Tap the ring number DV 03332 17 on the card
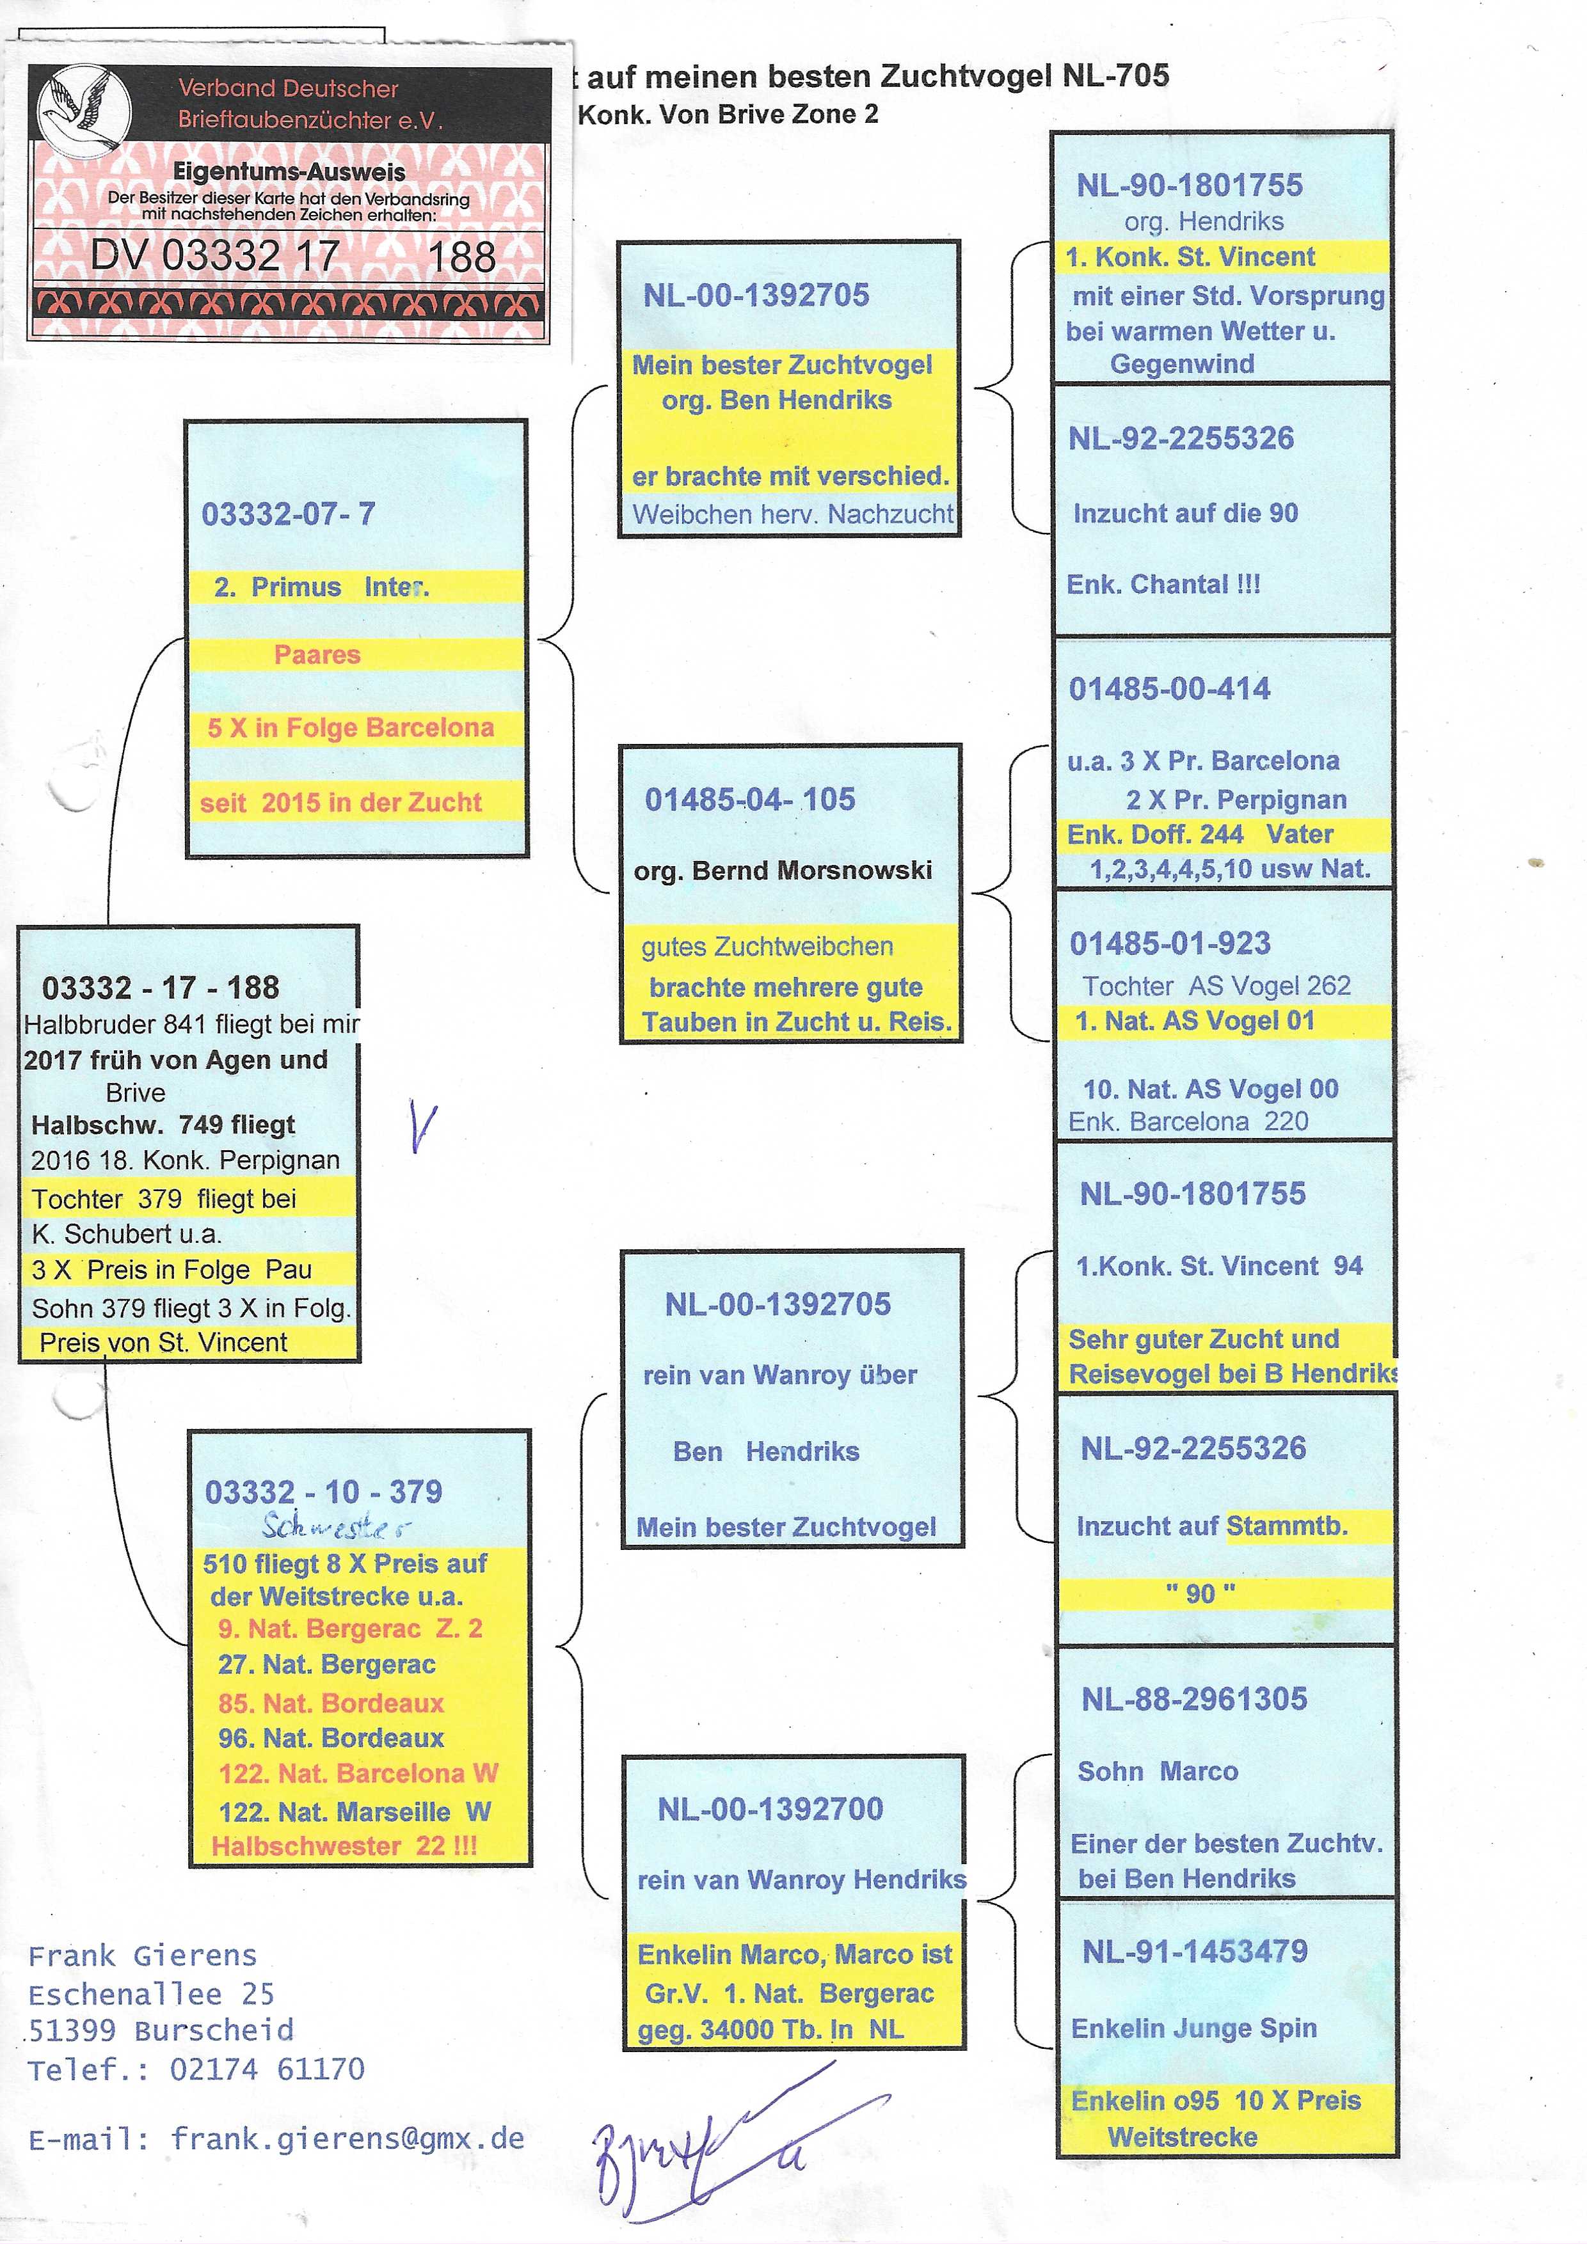(x=215, y=256)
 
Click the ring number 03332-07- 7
(x=289, y=514)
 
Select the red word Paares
(x=317, y=655)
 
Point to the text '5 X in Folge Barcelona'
(x=350, y=728)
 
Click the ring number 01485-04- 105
(x=749, y=800)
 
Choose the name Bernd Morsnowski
(x=811, y=871)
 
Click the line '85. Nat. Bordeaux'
(x=330, y=1703)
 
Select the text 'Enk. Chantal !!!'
(x=1163, y=585)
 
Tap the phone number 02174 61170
(x=267, y=2069)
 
